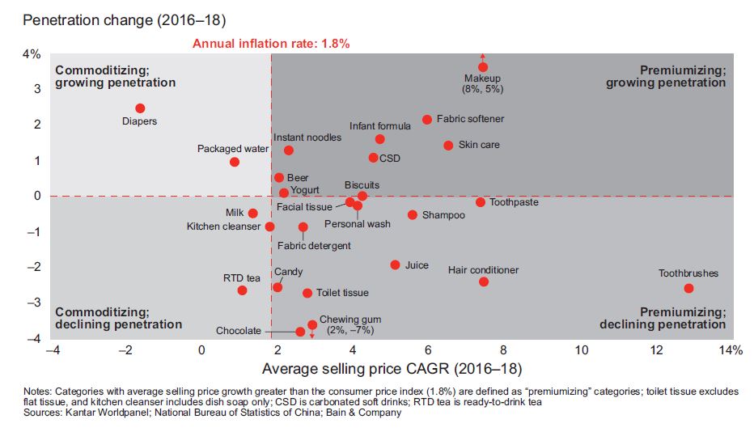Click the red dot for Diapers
pos(140,108)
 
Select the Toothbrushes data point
pos(688,288)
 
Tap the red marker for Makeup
pos(483,68)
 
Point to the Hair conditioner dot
pos(484,281)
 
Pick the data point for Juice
pos(395,265)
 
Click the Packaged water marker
pos(235,162)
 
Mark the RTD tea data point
pos(242,290)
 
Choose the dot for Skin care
pos(448,146)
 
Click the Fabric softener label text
pos(470,119)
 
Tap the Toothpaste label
pos(514,202)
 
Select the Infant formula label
pos(379,126)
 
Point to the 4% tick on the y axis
pos(31,54)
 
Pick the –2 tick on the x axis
pos(125,349)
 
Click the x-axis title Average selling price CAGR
pos(392,369)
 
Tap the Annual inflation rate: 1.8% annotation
pos(271,44)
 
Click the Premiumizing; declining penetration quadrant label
pos(663,318)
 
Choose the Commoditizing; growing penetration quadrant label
pos(115,76)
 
